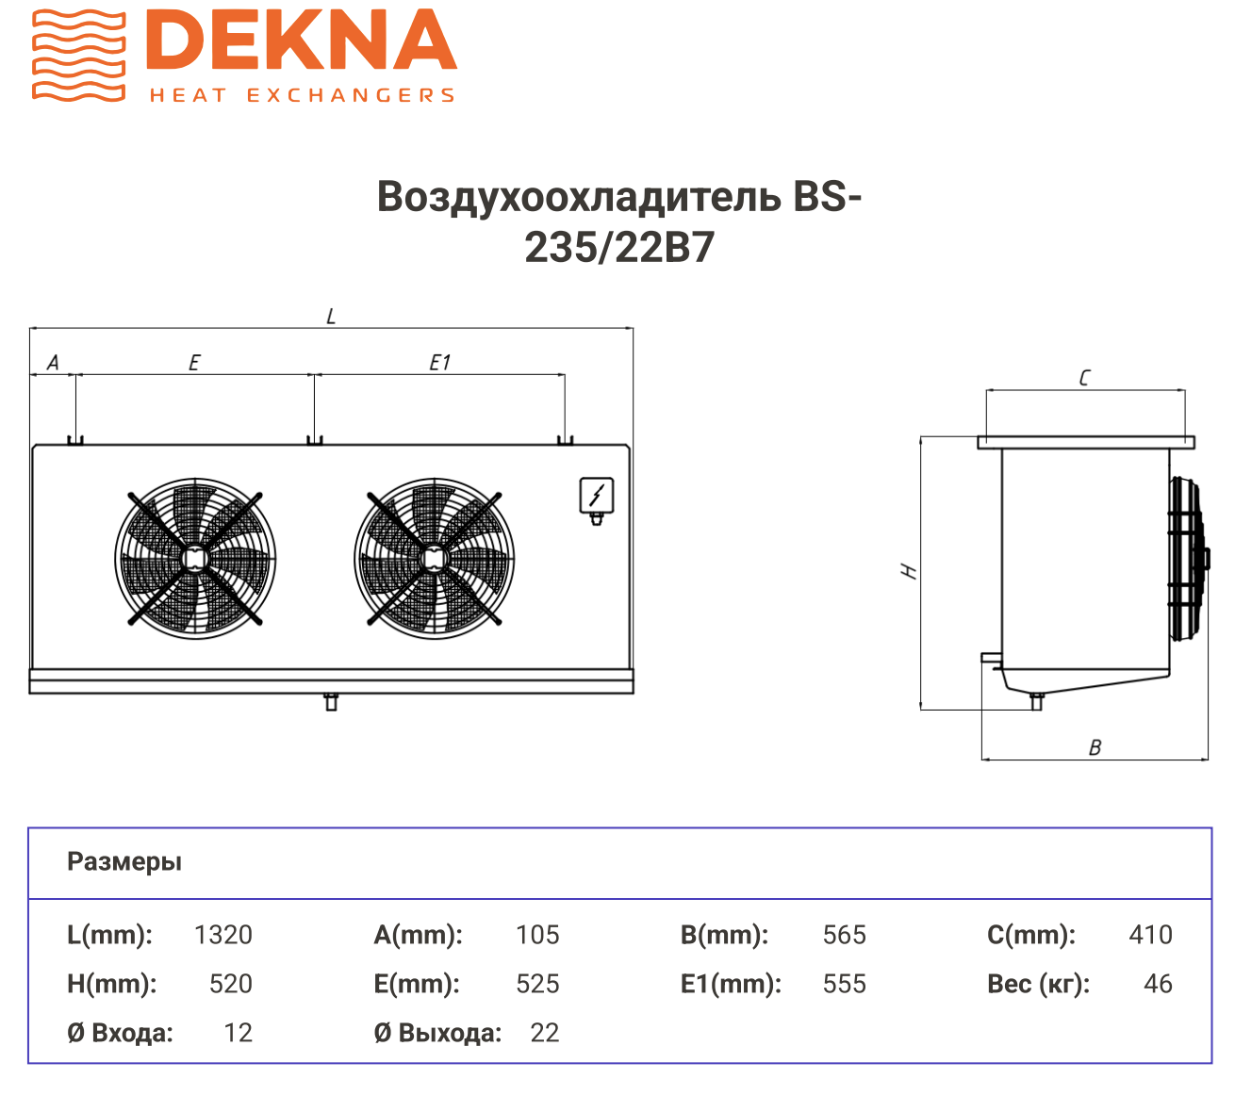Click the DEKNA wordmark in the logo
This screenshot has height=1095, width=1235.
click(x=301, y=40)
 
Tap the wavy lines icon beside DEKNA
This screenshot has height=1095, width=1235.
click(x=78, y=55)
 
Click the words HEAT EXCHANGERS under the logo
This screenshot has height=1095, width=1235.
click(x=302, y=95)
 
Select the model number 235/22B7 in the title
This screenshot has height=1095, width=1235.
click(x=618, y=248)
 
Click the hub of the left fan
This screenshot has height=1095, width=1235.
click(x=195, y=558)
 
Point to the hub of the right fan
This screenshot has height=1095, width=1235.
click(x=434, y=558)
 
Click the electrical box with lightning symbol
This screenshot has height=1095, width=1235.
click(x=596, y=497)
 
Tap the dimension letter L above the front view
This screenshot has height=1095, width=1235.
click(x=331, y=317)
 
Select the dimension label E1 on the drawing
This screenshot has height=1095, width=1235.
click(x=439, y=363)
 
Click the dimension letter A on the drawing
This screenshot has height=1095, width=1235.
click(x=53, y=363)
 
